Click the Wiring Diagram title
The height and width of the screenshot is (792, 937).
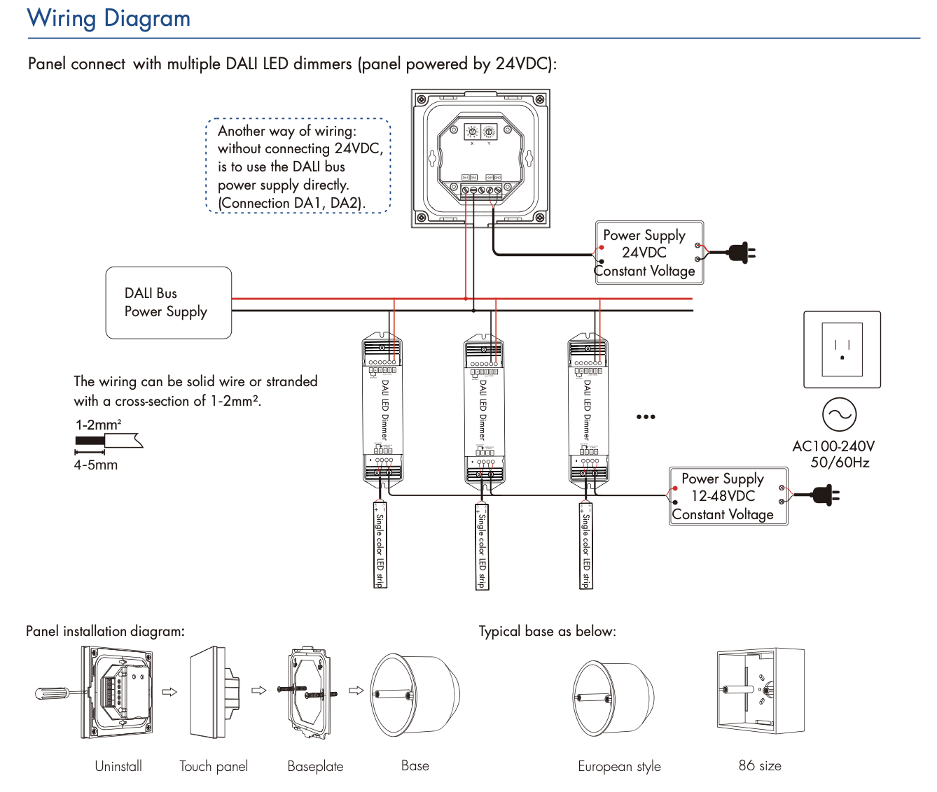click(x=109, y=18)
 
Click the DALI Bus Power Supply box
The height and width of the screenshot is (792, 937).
click(x=169, y=302)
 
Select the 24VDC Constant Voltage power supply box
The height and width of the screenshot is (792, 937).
click(x=648, y=253)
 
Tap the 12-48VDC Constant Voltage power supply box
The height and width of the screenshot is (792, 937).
click(x=728, y=496)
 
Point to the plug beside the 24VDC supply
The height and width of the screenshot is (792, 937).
click(x=740, y=253)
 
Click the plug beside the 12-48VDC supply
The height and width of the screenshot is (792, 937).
click(x=824, y=495)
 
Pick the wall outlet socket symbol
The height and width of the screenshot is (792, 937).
click(x=842, y=349)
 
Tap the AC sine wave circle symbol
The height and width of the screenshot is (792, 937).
click(x=838, y=415)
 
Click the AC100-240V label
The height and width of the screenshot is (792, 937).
click(x=833, y=446)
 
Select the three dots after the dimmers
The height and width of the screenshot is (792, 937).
click(x=646, y=417)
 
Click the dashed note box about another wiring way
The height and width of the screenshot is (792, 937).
click(x=298, y=166)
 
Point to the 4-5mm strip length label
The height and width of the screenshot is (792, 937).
click(x=96, y=465)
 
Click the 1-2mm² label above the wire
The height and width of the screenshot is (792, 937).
click(x=98, y=425)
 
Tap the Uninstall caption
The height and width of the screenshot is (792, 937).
click(x=118, y=766)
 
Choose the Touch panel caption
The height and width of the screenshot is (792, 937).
click(x=214, y=766)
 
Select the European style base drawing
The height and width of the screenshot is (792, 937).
click(x=613, y=698)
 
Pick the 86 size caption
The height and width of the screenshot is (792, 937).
click(x=760, y=765)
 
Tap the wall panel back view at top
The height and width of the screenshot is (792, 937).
click(x=480, y=158)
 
